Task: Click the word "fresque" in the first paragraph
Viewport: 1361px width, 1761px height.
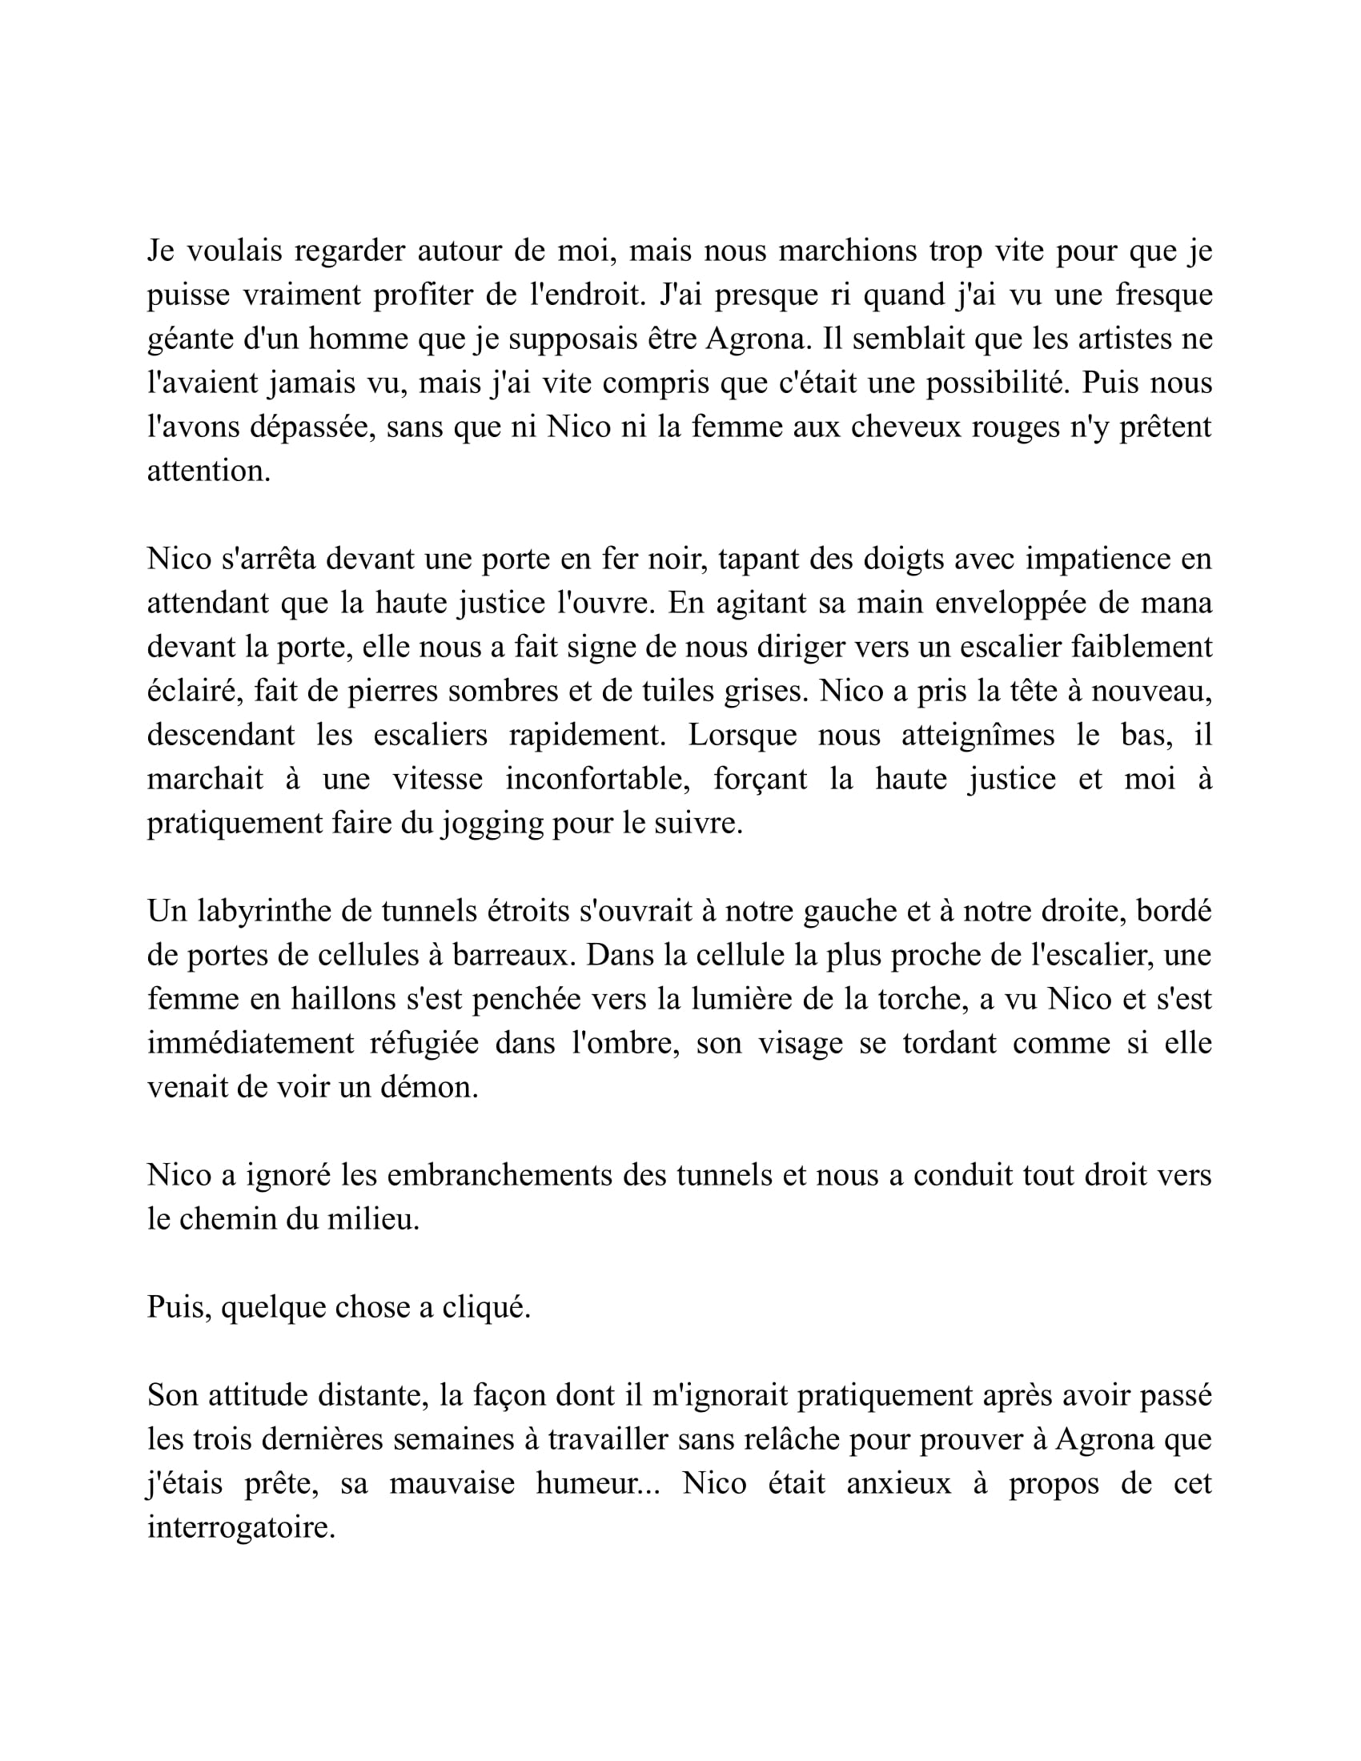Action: coord(1163,295)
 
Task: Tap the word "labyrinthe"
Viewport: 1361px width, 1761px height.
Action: coord(275,911)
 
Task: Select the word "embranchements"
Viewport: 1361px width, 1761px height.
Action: coord(499,1176)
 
